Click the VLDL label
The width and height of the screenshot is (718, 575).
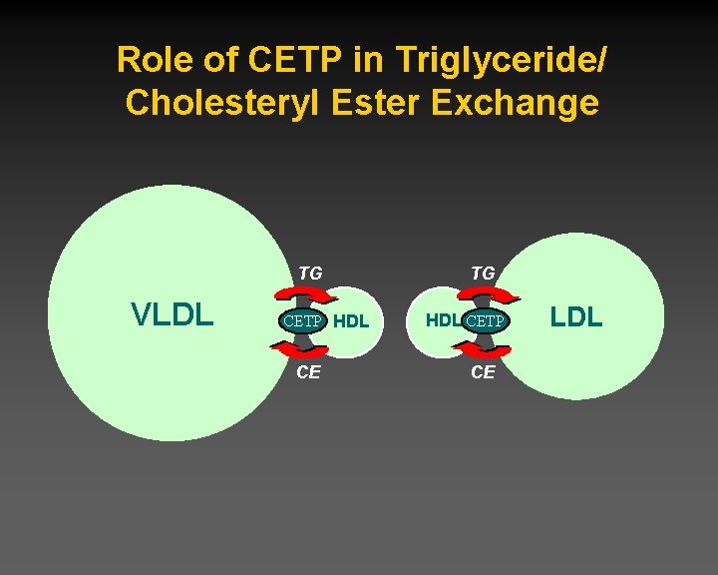(173, 315)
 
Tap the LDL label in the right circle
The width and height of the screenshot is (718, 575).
(576, 317)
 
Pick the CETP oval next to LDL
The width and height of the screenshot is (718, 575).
(486, 321)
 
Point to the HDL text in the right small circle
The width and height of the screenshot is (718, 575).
(444, 321)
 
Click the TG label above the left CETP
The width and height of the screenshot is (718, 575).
(310, 272)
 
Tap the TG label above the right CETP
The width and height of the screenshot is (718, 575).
(483, 272)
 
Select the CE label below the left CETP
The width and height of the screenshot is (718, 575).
(309, 372)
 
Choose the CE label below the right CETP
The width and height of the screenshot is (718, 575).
(483, 372)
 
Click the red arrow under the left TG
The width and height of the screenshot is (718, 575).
(299, 293)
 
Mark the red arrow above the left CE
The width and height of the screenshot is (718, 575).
(299, 348)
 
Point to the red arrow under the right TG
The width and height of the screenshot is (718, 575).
(489, 293)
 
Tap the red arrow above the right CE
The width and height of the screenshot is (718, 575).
(489, 349)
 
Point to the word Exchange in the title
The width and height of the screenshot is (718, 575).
(517, 104)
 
